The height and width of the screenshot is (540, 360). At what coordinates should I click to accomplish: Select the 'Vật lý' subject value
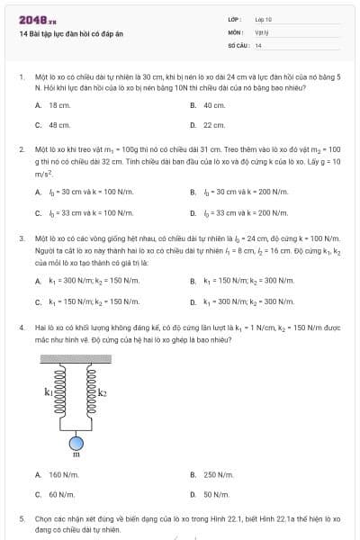(261, 31)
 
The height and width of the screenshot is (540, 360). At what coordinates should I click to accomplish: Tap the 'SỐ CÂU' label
(238, 44)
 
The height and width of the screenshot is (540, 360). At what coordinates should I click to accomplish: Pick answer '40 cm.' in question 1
(213, 105)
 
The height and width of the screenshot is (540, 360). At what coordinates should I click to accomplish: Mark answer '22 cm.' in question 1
(213, 125)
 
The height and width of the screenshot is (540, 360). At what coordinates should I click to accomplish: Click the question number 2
(22, 148)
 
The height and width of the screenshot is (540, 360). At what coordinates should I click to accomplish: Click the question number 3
(22, 239)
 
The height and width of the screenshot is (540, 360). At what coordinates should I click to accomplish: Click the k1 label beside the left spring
(49, 392)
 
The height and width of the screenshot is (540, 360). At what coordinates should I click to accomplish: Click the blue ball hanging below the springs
(76, 442)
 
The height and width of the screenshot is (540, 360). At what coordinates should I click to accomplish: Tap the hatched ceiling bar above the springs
(76, 360)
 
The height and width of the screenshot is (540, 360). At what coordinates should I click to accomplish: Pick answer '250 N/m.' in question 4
(217, 474)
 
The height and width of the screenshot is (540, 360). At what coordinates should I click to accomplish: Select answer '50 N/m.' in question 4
(215, 494)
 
